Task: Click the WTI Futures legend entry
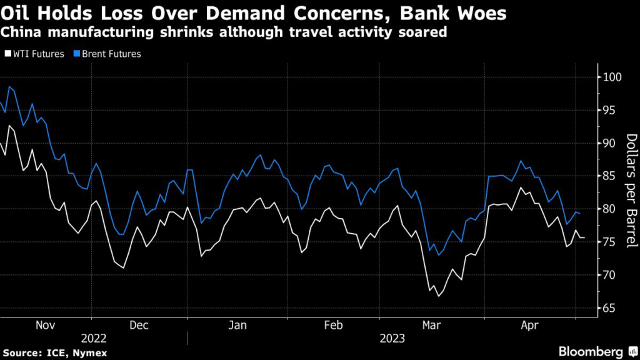(x=37, y=54)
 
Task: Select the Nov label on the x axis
(x=47, y=325)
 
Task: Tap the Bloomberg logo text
(x=591, y=352)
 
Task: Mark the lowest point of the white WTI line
(x=438, y=296)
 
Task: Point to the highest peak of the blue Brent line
(x=9, y=87)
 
